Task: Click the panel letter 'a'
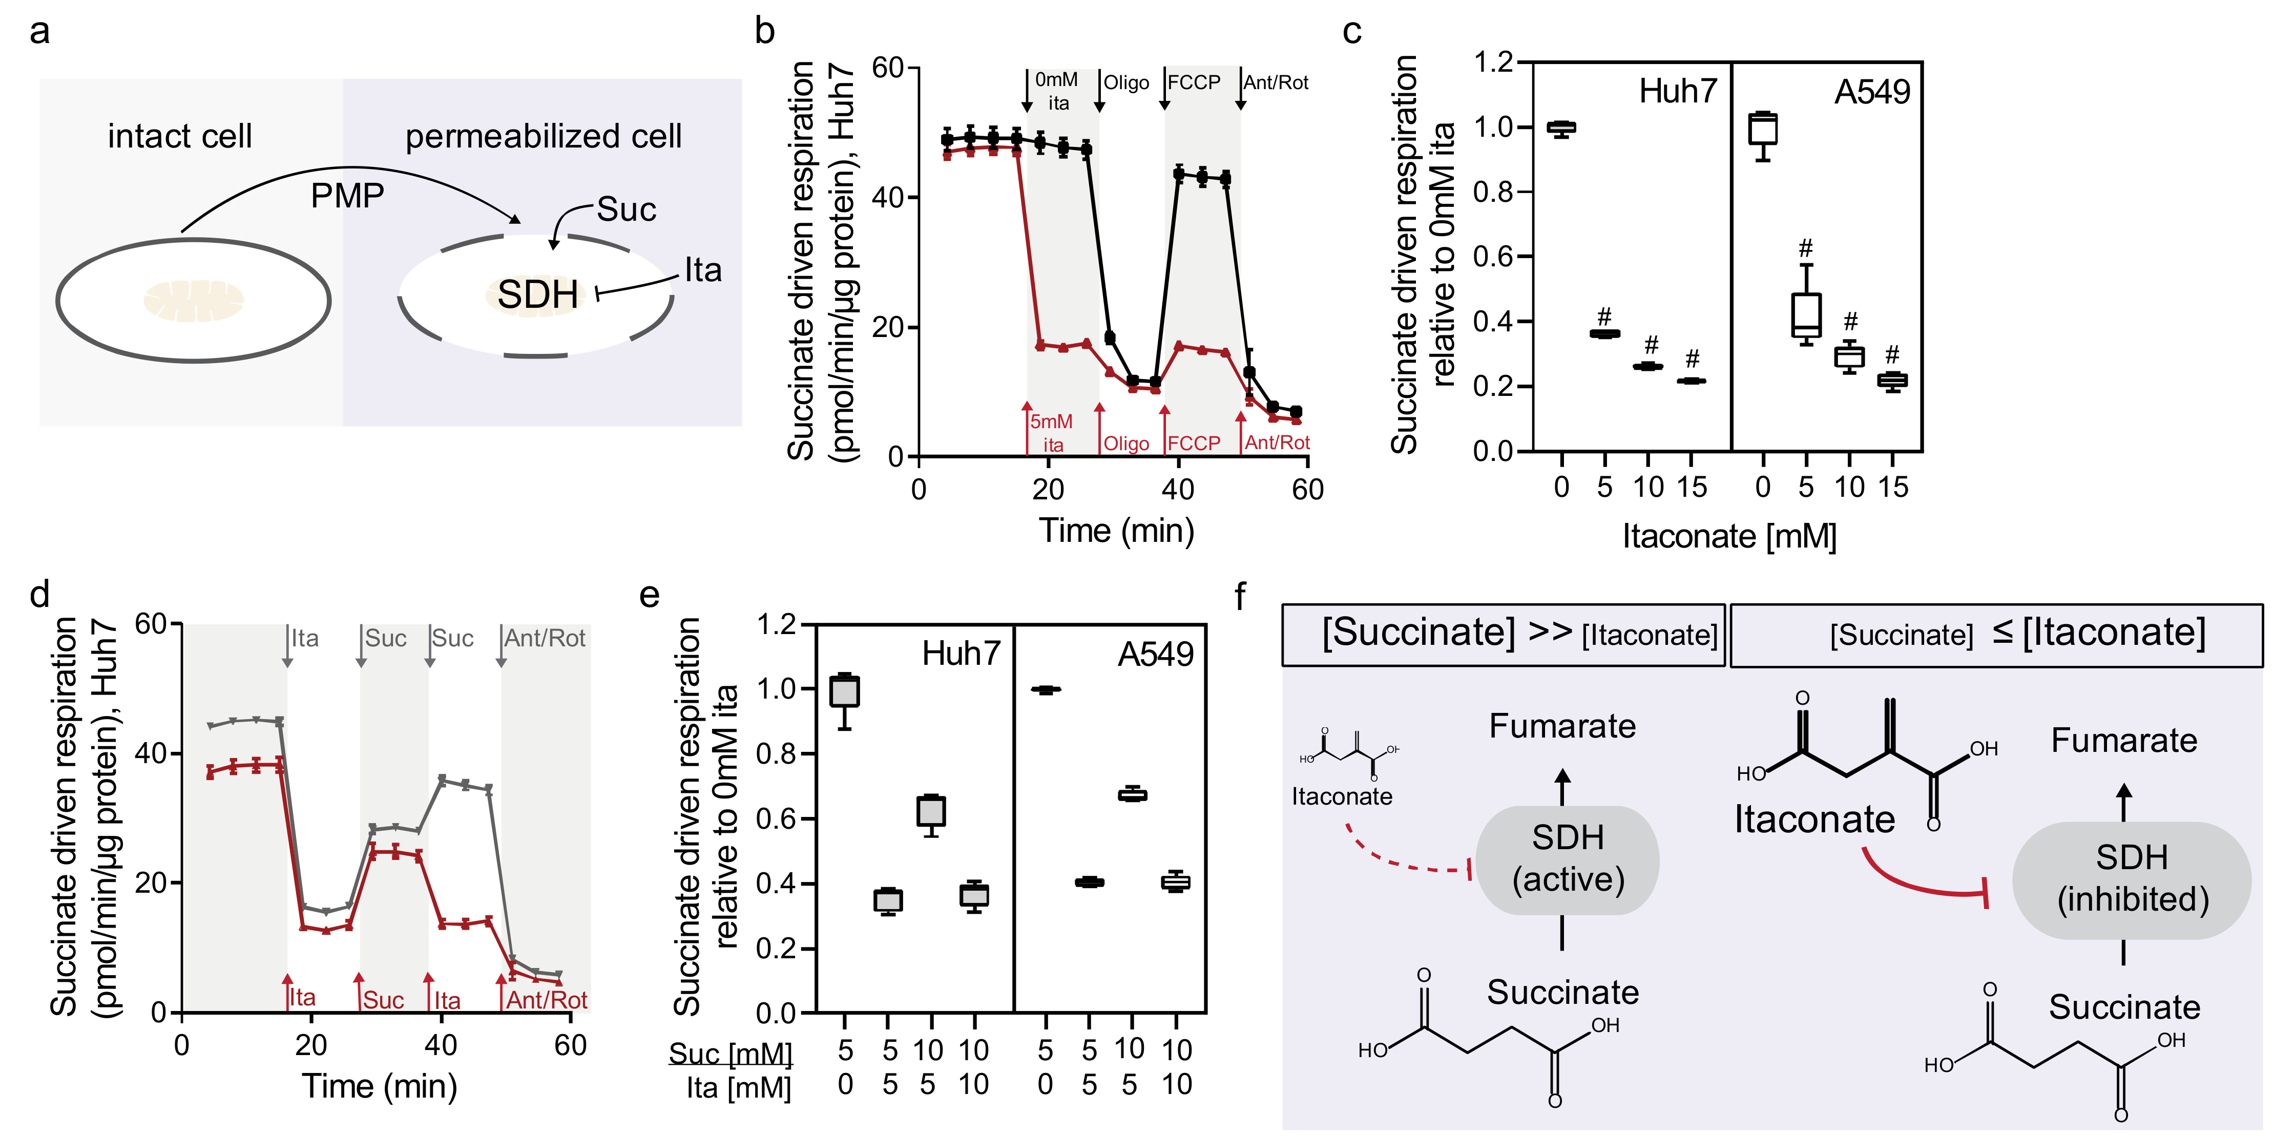(x=39, y=32)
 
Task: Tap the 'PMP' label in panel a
(x=347, y=195)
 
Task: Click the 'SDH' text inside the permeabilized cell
(x=537, y=294)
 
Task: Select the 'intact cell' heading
(x=180, y=136)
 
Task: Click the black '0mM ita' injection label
(x=1057, y=91)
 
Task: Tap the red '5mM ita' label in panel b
(x=1052, y=433)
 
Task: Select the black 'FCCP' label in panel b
(x=1194, y=83)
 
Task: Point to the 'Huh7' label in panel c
(x=1678, y=92)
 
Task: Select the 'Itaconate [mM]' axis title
(x=1728, y=536)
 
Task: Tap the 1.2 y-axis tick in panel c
(x=1492, y=62)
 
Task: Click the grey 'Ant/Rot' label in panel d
(x=545, y=638)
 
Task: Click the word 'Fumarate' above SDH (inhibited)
(x=2124, y=741)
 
